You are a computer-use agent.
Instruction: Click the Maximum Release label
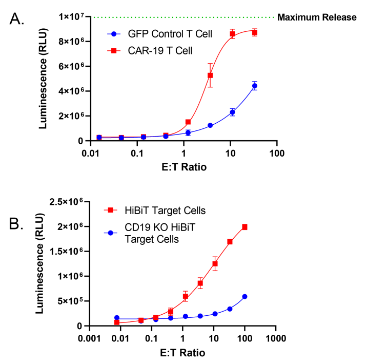[316, 17]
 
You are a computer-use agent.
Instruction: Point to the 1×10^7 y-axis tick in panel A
[73, 17]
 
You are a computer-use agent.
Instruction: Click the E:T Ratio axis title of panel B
[182, 353]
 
